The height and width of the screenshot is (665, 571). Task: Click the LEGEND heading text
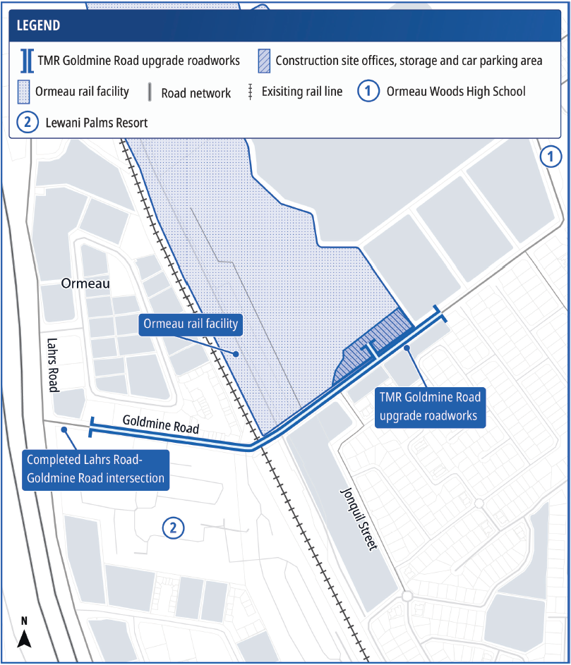[38, 26]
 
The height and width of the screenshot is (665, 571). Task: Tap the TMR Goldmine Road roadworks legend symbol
[27, 61]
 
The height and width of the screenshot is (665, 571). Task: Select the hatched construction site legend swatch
[263, 61]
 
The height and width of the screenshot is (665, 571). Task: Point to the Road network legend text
[196, 92]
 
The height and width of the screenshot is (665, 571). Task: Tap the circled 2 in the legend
[26, 123]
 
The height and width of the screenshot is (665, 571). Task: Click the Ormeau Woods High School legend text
[455, 92]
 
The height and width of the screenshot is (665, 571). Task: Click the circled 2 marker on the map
[174, 527]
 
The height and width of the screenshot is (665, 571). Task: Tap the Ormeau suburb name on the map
[86, 283]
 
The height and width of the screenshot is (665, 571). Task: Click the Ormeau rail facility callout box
[191, 324]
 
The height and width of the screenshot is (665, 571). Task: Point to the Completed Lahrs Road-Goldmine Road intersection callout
[95, 468]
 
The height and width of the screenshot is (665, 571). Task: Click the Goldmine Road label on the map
[160, 424]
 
